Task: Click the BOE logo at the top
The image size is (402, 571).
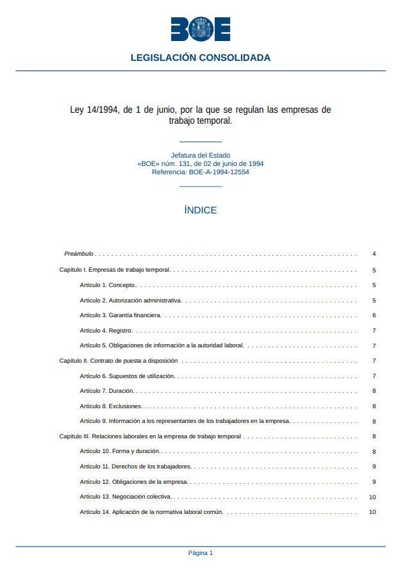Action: (x=200, y=29)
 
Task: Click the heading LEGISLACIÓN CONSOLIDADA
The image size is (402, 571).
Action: (x=201, y=58)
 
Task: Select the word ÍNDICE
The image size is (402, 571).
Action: (x=201, y=210)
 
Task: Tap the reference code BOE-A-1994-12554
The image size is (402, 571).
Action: (x=219, y=172)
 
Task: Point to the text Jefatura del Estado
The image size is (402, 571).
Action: (x=201, y=155)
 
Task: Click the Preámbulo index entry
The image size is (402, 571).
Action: (x=79, y=254)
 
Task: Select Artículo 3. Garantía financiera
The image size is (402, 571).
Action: (x=120, y=315)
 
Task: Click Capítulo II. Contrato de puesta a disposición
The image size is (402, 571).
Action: (x=118, y=361)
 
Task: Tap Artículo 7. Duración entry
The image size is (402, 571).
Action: (x=106, y=391)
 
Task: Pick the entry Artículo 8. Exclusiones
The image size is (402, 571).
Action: (x=110, y=406)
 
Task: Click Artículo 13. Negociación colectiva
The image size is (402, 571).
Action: (x=126, y=497)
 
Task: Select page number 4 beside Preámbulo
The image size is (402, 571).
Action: (x=374, y=254)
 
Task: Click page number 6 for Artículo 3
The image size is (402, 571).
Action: (x=374, y=315)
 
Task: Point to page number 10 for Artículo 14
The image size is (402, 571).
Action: (x=373, y=512)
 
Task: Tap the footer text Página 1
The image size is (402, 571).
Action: (x=201, y=552)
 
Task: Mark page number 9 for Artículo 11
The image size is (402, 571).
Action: (x=374, y=467)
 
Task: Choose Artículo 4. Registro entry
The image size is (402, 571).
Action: (x=106, y=331)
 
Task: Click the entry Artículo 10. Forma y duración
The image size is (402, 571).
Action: (x=120, y=452)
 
